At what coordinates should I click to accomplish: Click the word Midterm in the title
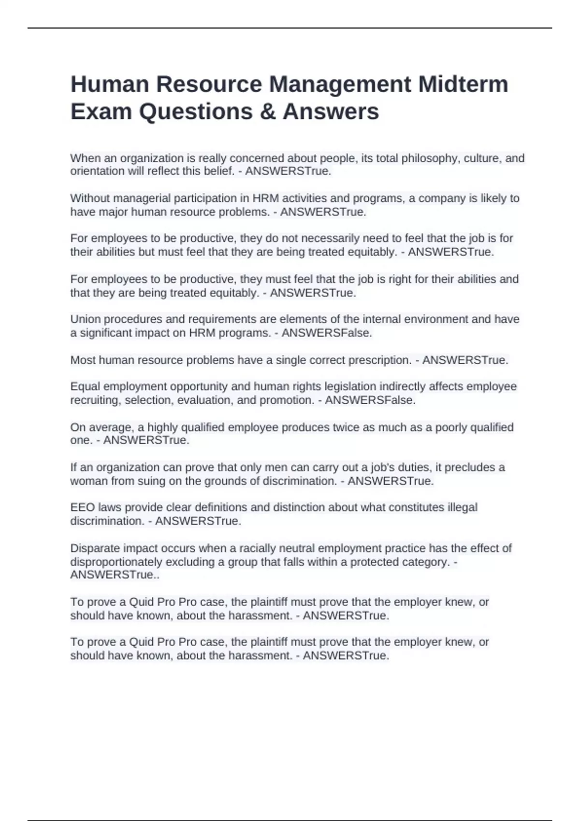click(x=463, y=84)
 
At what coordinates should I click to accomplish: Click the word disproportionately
click(x=116, y=562)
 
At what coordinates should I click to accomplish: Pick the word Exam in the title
click(x=101, y=112)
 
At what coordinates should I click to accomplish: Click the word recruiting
click(x=95, y=400)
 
